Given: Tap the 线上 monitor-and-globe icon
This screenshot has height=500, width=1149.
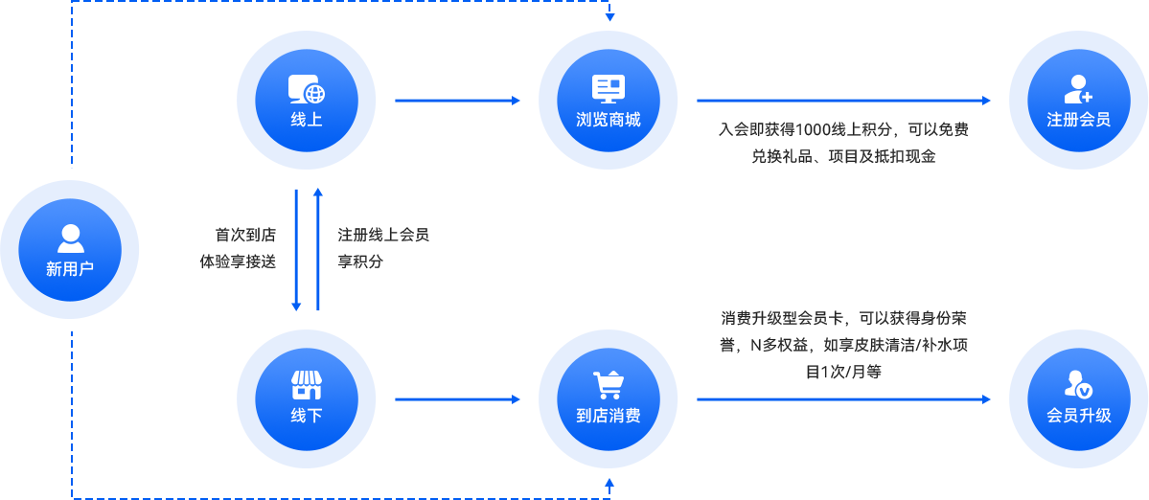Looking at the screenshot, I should point(307,89).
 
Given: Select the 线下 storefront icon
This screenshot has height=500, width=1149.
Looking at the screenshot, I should point(307,385).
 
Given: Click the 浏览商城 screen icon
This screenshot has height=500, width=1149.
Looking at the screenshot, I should point(609,89).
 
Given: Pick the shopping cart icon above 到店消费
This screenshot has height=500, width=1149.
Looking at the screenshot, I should point(609,385).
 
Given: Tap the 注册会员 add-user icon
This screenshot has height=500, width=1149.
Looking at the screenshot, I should point(1078,89).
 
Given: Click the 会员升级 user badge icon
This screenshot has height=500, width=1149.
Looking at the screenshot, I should point(1078,385).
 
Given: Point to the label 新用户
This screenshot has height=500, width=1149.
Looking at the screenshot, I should point(70,269).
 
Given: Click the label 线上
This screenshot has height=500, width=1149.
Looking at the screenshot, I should point(307,120).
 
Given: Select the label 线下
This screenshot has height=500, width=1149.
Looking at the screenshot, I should point(307,416).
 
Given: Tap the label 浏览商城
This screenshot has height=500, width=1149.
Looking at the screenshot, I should point(609,120).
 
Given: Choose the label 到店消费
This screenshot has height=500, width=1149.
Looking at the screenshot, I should point(609,416).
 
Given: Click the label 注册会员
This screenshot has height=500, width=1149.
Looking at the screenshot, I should point(1078,120).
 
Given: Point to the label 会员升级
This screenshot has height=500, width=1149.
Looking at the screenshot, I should point(1078,416).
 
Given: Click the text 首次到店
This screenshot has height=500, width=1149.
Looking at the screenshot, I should point(244,235).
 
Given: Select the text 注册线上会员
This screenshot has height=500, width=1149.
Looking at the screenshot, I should point(383,235).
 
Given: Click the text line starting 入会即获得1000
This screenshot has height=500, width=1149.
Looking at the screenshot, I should point(843,129).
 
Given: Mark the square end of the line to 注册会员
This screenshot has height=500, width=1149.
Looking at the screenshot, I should point(986,100).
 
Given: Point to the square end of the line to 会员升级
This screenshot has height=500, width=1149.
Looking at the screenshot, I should point(986,398).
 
